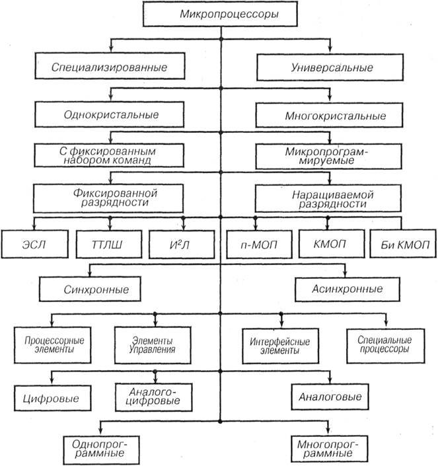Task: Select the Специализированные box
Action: click(109, 67)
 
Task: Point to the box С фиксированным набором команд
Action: click(109, 155)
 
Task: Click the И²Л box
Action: click(180, 244)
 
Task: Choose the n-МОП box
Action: click(256, 244)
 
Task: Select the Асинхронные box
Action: click(347, 289)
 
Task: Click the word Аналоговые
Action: click(330, 398)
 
